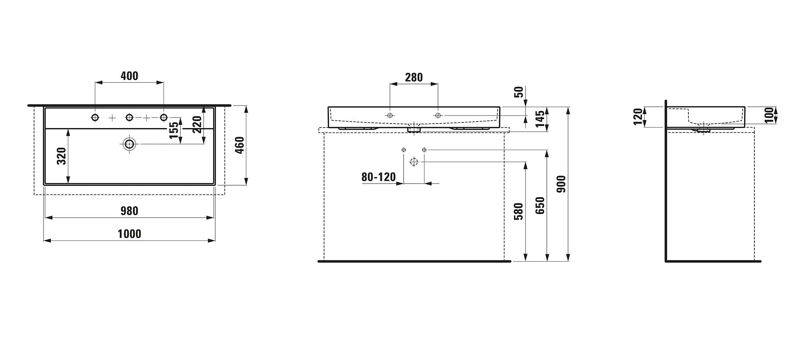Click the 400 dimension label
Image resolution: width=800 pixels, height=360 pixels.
(129, 76)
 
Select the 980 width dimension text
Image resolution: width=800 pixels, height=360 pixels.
(129, 211)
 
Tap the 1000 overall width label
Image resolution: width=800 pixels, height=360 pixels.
(129, 234)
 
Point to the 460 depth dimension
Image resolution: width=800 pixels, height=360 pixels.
(239, 145)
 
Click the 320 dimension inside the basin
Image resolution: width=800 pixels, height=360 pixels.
(61, 156)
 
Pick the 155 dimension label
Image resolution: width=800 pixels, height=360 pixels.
(174, 130)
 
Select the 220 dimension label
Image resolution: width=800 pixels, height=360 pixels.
(197, 124)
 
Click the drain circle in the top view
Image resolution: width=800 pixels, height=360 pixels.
(129, 144)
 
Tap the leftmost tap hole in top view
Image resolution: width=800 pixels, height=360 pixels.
(95, 117)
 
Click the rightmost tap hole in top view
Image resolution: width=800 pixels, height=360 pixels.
(164, 117)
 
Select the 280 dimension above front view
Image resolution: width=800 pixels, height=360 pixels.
(414, 78)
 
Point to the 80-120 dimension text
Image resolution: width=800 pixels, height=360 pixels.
(378, 177)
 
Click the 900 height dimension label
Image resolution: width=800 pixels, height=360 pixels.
(562, 184)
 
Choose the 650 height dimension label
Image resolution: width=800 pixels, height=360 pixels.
(540, 205)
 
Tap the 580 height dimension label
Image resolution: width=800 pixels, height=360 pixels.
(518, 212)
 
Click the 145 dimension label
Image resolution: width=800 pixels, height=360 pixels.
(540, 119)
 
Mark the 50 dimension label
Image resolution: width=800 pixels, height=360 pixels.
(518, 92)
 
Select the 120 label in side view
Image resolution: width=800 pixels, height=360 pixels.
(638, 117)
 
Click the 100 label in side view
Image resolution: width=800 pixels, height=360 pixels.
(769, 115)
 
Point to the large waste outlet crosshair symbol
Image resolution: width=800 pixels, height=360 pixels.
(414, 162)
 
